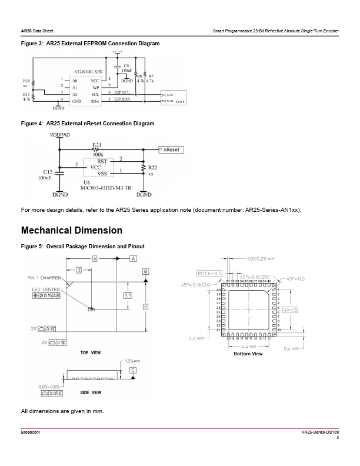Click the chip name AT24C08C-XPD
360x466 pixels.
(88, 72)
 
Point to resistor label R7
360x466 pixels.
(151, 76)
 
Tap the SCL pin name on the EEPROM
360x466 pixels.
(95, 94)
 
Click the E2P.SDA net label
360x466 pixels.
(122, 100)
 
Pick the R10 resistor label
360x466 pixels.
(26, 81)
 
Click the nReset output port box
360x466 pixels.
(171, 150)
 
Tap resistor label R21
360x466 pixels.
(97, 144)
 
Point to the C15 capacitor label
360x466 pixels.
(48, 171)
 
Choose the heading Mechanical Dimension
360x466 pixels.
(72, 230)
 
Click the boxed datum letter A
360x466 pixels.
(134, 258)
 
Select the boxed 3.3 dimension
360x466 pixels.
(128, 295)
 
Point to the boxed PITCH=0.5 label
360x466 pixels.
(209, 273)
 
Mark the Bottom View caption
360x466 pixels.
(248, 354)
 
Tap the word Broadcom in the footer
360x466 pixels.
(31, 432)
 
